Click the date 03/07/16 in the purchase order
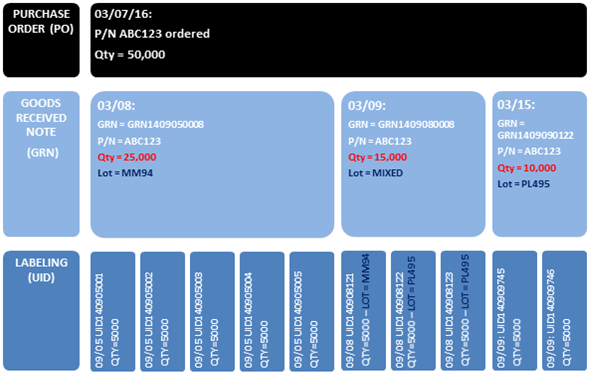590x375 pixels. coord(121,17)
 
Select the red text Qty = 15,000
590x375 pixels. coord(379,158)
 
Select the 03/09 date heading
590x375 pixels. coord(367,105)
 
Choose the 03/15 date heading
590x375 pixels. coord(516,105)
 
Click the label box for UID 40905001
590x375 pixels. coord(112,310)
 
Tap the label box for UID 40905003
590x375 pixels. coord(212,310)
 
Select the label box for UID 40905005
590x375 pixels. coord(312,310)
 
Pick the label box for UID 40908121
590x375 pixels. coord(362,310)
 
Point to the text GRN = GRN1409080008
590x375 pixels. coord(401,124)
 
